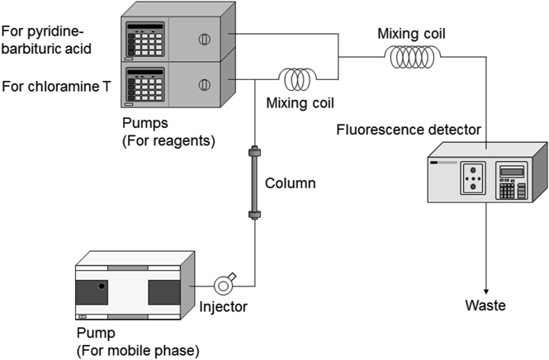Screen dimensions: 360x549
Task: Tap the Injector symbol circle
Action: pyautogui.click(x=225, y=286)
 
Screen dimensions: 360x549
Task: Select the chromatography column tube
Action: pyautogui.click(x=254, y=182)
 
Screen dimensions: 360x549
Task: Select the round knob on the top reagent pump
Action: pyautogui.click(x=206, y=37)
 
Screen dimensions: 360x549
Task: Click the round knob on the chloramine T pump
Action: pyautogui.click(x=206, y=83)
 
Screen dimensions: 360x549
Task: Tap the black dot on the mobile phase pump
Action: pyautogui.click(x=102, y=286)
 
